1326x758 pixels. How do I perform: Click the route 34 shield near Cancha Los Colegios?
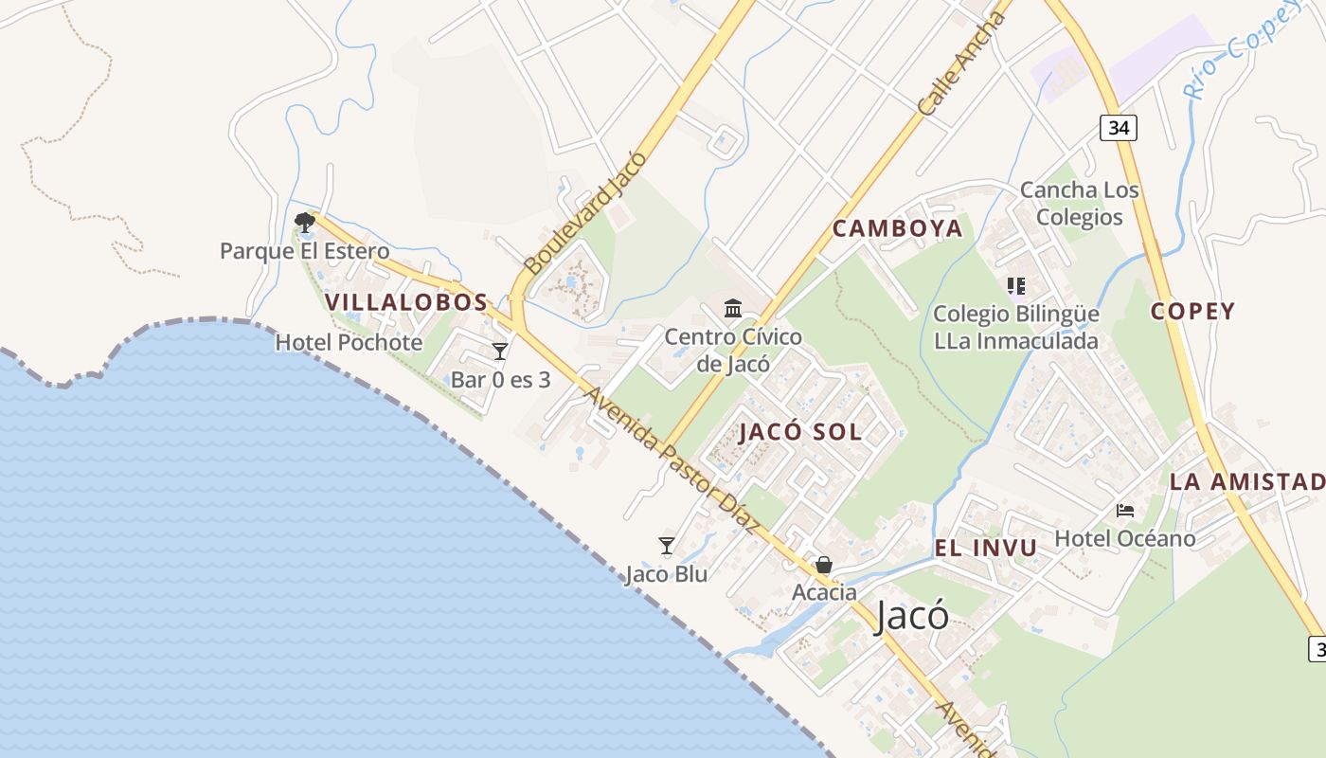click(1119, 128)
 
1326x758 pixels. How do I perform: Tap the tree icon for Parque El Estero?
click(305, 224)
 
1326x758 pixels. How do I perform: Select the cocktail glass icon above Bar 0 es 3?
click(500, 352)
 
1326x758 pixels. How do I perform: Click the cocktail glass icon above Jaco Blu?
click(667, 546)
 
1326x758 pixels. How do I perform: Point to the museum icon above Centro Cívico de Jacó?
click(733, 309)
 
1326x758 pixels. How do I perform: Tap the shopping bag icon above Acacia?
click(824, 565)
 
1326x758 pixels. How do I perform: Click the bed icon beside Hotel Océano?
click(1125, 511)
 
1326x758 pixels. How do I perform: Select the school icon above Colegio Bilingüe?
click(1016, 285)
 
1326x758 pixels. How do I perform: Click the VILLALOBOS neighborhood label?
click(406, 302)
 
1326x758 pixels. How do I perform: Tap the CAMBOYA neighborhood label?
click(897, 228)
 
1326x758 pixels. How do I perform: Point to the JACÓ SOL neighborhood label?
click(800, 432)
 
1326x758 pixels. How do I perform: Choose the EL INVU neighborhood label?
click(985, 548)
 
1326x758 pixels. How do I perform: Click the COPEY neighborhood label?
click(1192, 311)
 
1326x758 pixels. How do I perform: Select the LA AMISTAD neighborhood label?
click(1246, 481)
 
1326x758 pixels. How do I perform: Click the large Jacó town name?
click(911, 616)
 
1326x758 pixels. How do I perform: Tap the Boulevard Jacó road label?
click(584, 213)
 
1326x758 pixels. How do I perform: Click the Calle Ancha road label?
click(960, 64)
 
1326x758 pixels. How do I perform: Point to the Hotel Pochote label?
click(349, 342)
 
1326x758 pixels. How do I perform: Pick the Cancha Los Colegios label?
click(1079, 203)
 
